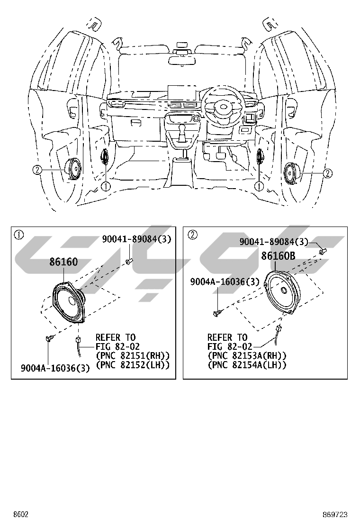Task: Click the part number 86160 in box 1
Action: [63, 262]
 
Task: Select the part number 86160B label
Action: [278, 256]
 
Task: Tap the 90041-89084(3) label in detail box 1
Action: [136, 240]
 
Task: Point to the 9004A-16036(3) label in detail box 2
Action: [225, 282]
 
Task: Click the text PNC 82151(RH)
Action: [133, 355]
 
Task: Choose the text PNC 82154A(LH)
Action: [247, 364]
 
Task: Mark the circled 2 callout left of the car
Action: [37, 169]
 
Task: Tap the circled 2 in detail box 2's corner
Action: [192, 235]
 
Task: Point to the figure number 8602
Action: [20, 514]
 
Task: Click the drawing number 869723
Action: [335, 514]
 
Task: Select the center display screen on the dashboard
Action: [181, 92]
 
